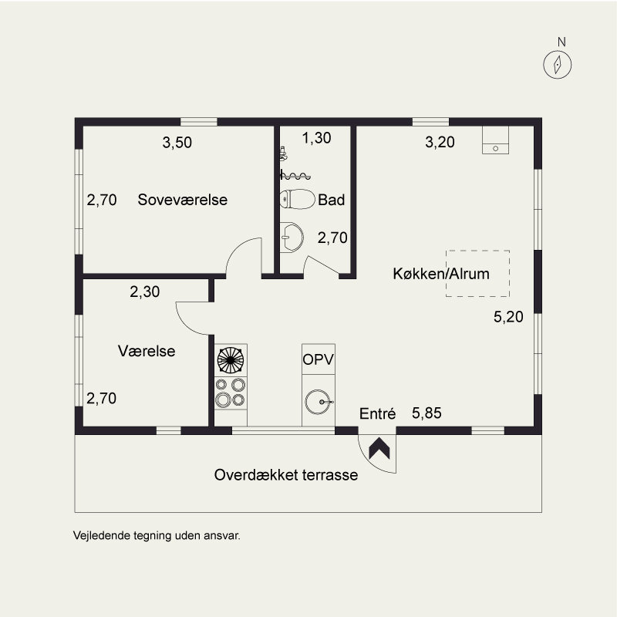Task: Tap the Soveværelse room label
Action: tap(183, 200)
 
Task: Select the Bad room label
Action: tap(331, 200)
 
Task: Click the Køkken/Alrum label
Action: tap(441, 274)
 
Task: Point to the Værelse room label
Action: tap(147, 351)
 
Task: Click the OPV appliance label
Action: tap(319, 359)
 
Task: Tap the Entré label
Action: tap(378, 414)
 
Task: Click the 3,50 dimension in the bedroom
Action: tap(177, 142)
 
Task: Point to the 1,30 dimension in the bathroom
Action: tap(316, 138)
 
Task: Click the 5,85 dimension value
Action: tap(427, 414)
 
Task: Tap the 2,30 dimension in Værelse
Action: tap(145, 292)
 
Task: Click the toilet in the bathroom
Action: tap(298, 199)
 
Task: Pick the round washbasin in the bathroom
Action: tap(292, 238)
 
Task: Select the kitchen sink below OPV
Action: tap(319, 400)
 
